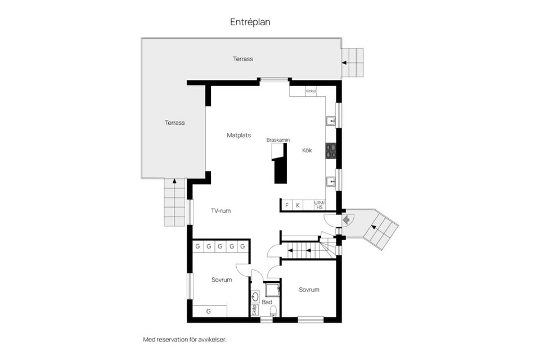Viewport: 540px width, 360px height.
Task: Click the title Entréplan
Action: tap(250, 22)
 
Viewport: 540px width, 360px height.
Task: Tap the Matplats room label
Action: tap(238, 135)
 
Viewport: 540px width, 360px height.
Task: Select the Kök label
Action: tap(307, 150)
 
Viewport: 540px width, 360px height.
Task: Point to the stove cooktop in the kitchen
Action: tap(331, 150)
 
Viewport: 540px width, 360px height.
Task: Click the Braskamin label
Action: tap(278, 139)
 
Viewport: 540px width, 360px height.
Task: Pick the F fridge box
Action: tap(287, 205)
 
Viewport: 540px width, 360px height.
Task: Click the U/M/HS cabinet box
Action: tap(319, 205)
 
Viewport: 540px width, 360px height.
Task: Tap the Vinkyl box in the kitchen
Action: tap(311, 91)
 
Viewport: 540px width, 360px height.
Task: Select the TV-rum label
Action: tap(221, 211)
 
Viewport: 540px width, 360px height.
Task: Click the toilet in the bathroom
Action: tap(273, 311)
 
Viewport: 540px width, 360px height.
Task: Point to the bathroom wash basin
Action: tap(255, 296)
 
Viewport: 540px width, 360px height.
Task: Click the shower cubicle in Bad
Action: tap(272, 290)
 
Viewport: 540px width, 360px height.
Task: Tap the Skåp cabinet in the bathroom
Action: tap(254, 311)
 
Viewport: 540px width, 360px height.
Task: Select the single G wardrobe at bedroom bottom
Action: tap(209, 311)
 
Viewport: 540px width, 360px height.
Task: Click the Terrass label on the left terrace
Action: tap(175, 123)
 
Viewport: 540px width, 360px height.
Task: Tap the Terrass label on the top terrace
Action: tap(243, 58)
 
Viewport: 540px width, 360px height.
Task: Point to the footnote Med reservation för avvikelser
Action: tap(184, 340)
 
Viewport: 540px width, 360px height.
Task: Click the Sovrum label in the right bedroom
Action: tap(309, 290)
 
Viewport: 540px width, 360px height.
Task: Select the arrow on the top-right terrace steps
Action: tap(344, 62)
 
